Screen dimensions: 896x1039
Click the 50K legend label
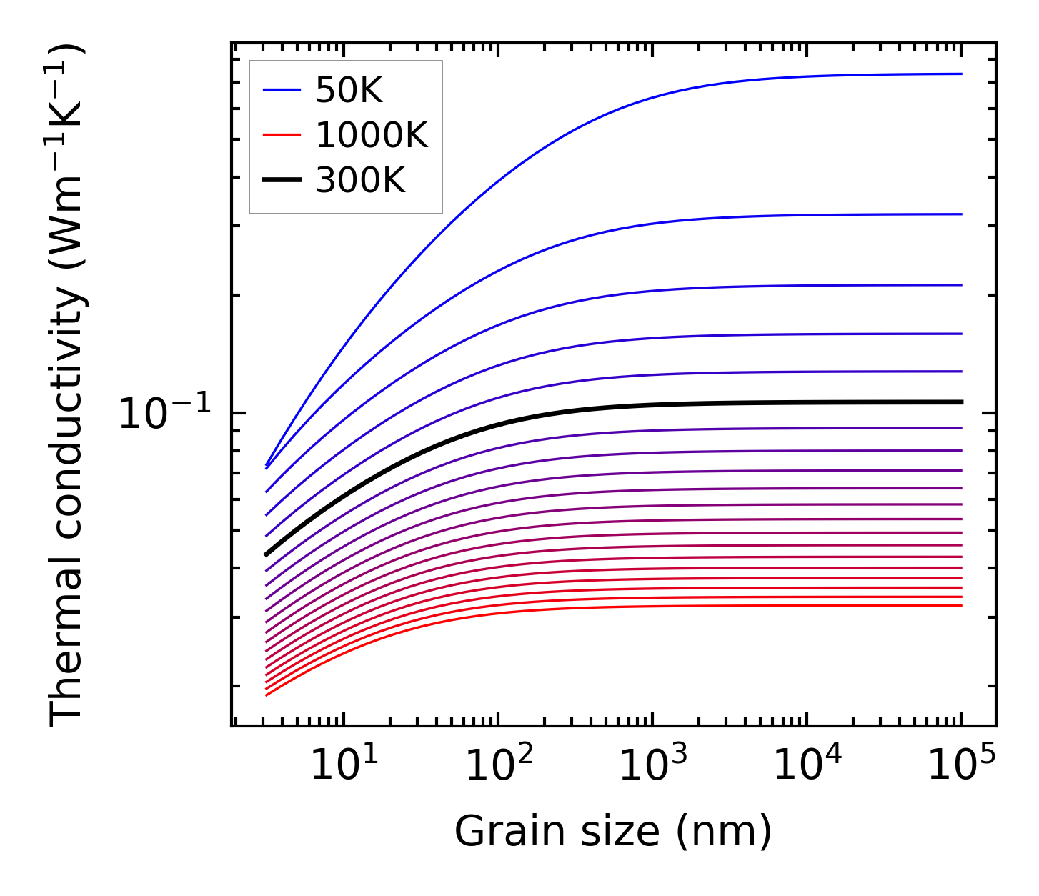click(x=349, y=91)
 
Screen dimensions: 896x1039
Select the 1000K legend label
click(x=372, y=135)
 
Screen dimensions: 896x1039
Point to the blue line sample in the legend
click(x=282, y=90)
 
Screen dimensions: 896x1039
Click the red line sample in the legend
click(x=282, y=135)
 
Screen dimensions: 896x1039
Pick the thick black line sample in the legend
click(x=282, y=180)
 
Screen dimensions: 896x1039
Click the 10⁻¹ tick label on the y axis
click(x=165, y=414)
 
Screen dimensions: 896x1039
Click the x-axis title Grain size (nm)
click(x=613, y=832)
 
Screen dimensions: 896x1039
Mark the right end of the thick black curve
click(x=962, y=402)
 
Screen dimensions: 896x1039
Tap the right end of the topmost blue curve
click(x=962, y=74)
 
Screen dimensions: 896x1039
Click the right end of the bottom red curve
click(x=962, y=605)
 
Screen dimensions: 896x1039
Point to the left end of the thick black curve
click(x=266, y=554)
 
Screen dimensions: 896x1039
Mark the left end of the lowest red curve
click(x=266, y=695)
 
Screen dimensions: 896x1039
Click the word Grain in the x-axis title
click(x=494, y=832)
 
